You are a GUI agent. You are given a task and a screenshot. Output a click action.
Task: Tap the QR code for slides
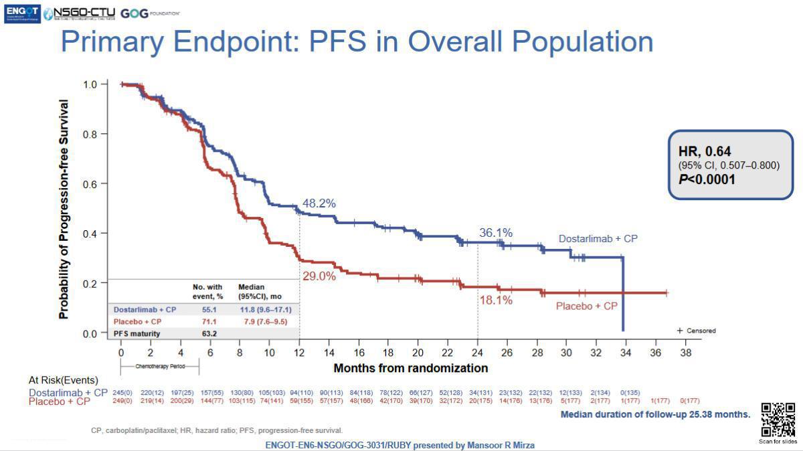(778, 420)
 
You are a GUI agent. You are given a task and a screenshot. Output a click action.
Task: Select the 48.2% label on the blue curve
(319, 203)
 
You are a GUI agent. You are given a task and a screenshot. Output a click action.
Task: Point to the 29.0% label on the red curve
(319, 276)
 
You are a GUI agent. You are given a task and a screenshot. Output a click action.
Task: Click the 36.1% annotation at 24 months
(496, 233)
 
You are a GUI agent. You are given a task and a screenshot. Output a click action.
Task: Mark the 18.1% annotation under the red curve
(496, 300)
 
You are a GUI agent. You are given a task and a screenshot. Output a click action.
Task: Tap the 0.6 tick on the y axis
(90, 183)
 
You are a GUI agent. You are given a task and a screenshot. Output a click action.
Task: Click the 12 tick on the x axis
(299, 352)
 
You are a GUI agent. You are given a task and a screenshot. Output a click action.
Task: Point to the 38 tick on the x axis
(685, 352)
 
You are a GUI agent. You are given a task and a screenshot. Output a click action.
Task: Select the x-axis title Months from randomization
(410, 368)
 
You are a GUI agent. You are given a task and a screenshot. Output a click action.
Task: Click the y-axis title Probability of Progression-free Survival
(64, 209)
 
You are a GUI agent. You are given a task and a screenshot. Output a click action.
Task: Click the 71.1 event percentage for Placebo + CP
(209, 321)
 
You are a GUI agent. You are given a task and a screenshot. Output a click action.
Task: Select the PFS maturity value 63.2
(209, 333)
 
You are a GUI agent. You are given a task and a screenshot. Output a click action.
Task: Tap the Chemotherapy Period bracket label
(159, 367)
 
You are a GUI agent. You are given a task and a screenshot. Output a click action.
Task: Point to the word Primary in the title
(112, 41)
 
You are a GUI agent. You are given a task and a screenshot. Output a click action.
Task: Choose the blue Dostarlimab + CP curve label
(598, 239)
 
